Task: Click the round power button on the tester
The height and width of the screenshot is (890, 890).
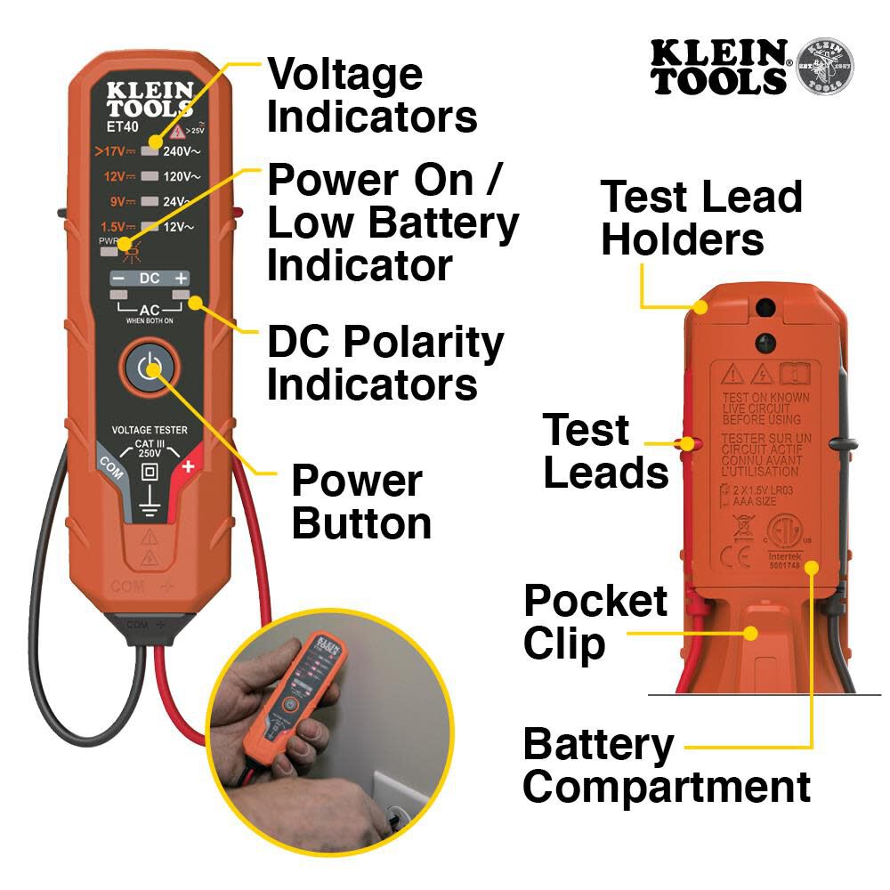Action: (x=150, y=368)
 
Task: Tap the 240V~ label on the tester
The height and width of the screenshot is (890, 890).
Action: (x=182, y=151)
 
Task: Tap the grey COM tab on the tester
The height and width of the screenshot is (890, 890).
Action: (x=109, y=464)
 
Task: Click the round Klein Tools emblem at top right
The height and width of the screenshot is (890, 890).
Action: (x=823, y=67)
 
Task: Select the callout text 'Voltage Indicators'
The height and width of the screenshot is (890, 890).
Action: (x=372, y=94)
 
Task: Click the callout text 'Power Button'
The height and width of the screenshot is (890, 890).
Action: (x=360, y=502)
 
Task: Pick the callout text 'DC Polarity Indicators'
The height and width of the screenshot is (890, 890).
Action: (x=384, y=364)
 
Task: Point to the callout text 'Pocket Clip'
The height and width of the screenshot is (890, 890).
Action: (x=595, y=623)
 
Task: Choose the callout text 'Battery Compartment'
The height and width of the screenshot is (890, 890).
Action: (x=666, y=765)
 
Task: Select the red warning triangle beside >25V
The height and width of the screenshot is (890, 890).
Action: (x=178, y=132)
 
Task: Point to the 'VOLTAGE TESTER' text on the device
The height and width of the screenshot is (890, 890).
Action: (x=150, y=430)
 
